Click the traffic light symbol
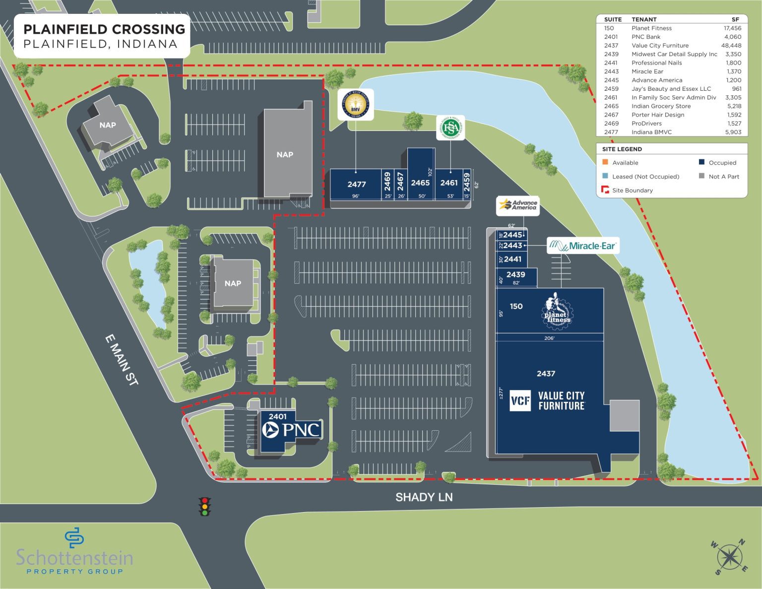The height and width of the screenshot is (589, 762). pos(204,506)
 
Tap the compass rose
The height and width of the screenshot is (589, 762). pos(730,557)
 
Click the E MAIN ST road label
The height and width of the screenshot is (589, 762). pos(122,360)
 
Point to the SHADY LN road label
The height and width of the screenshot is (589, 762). pos(424,497)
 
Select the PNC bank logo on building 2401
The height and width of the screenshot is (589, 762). pos(292,430)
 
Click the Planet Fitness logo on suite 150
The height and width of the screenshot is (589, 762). pos(556,312)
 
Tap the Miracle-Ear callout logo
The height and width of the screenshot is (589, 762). pos(583,246)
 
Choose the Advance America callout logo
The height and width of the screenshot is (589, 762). pos(518,205)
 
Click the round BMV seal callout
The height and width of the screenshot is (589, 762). pos(355,104)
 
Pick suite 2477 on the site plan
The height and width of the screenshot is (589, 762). pos(356,184)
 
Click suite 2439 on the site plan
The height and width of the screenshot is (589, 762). pos(516,275)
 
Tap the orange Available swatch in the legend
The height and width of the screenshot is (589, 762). pos(605,162)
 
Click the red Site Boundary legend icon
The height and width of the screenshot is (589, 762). pos(605,190)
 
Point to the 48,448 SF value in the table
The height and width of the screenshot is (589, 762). pos(731,46)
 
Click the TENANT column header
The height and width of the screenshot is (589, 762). pos(644,19)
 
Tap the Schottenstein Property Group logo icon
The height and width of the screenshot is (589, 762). pos(74,537)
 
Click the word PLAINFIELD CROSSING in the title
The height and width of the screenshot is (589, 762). pos(104,29)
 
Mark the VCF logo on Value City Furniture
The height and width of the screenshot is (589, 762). pos(520,400)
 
